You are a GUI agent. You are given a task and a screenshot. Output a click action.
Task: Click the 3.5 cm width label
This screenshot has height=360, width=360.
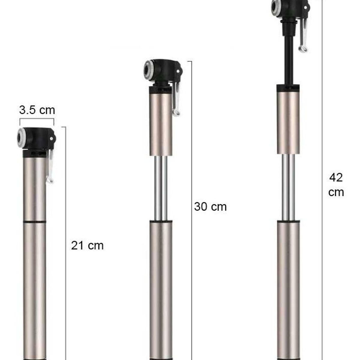[37, 110]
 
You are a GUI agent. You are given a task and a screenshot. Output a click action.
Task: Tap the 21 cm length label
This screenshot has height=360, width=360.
[87, 245]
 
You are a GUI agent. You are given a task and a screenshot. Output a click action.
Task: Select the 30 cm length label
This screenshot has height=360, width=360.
[210, 207]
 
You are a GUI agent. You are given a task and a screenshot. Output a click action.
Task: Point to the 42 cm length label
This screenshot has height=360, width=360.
[336, 185]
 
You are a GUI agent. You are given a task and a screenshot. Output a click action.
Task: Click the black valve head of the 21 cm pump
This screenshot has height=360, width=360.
[39, 138]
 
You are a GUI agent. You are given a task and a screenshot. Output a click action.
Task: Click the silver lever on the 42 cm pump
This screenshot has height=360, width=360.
[303, 36]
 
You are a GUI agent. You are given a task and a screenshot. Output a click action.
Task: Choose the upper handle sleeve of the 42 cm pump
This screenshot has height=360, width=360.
[288, 120]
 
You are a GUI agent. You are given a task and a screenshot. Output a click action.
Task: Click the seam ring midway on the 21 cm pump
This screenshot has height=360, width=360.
[34, 222]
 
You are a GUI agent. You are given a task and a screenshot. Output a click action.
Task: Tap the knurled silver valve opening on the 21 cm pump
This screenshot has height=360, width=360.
[22, 137]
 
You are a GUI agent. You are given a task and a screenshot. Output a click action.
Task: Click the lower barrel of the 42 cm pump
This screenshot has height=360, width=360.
[288, 285]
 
